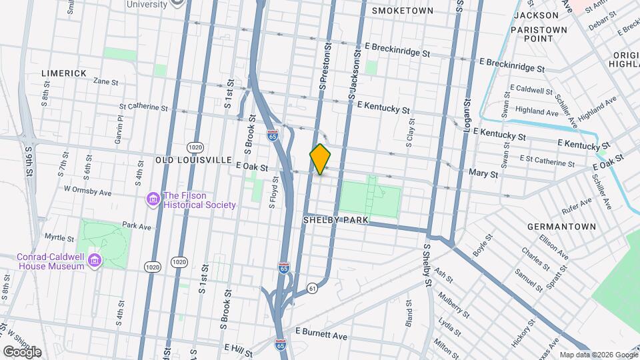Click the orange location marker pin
coord(320,159)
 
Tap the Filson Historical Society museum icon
coord(153,199)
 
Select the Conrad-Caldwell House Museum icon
coord(94,259)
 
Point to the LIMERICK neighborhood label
coord(64,73)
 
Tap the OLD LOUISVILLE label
coord(193,161)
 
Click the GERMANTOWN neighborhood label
coord(561,227)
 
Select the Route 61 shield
coord(312,287)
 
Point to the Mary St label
coord(484,174)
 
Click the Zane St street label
coord(105,82)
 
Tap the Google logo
coord(22,351)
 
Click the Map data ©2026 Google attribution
coord(598,355)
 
